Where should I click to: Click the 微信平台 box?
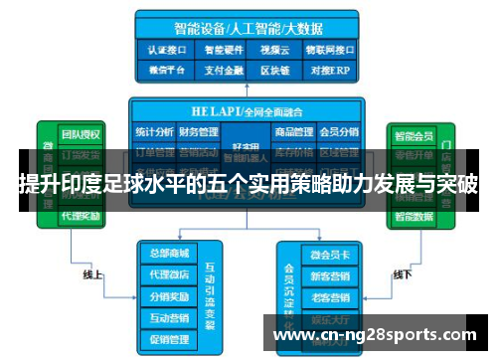pos(167,70)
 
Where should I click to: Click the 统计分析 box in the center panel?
pos(154,132)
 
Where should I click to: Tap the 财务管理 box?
pos(199,132)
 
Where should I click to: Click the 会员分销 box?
pos(338,132)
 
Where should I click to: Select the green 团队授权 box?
pos(79,133)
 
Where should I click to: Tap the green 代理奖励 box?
pos(79,216)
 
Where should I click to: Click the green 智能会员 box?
pos(413,133)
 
